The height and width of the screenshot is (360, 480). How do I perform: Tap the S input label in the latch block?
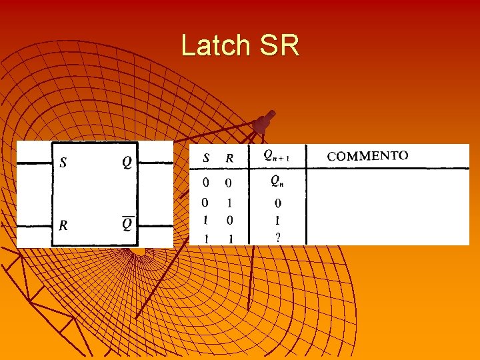pyautogui.click(x=63, y=162)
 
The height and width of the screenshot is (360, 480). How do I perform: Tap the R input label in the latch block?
pyautogui.click(x=63, y=225)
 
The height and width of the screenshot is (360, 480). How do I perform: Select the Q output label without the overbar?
pyautogui.click(x=127, y=162)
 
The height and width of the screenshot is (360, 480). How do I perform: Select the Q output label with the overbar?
pyautogui.click(x=127, y=224)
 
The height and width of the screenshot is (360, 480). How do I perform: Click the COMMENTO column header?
pyautogui.click(x=367, y=156)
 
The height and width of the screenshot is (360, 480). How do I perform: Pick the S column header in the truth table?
pyautogui.click(x=206, y=158)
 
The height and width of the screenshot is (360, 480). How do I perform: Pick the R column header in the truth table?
pyautogui.click(x=229, y=158)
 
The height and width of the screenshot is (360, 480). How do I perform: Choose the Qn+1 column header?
pyautogui.click(x=276, y=156)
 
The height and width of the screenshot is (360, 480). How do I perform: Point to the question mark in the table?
pyautogui.click(x=277, y=237)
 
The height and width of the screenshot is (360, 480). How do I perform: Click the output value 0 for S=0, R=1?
pyautogui.click(x=277, y=203)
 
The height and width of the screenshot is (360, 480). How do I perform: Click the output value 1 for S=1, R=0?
pyautogui.click(x=277, y=219)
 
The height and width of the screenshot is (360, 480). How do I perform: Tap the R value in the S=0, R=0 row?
pyautogui.click(x=229, y=182)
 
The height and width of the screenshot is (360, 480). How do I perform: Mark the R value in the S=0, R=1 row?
pyautogui.click(x=229, y=203)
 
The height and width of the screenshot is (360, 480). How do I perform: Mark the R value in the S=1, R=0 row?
pyautogui.click(x=229, y=219)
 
